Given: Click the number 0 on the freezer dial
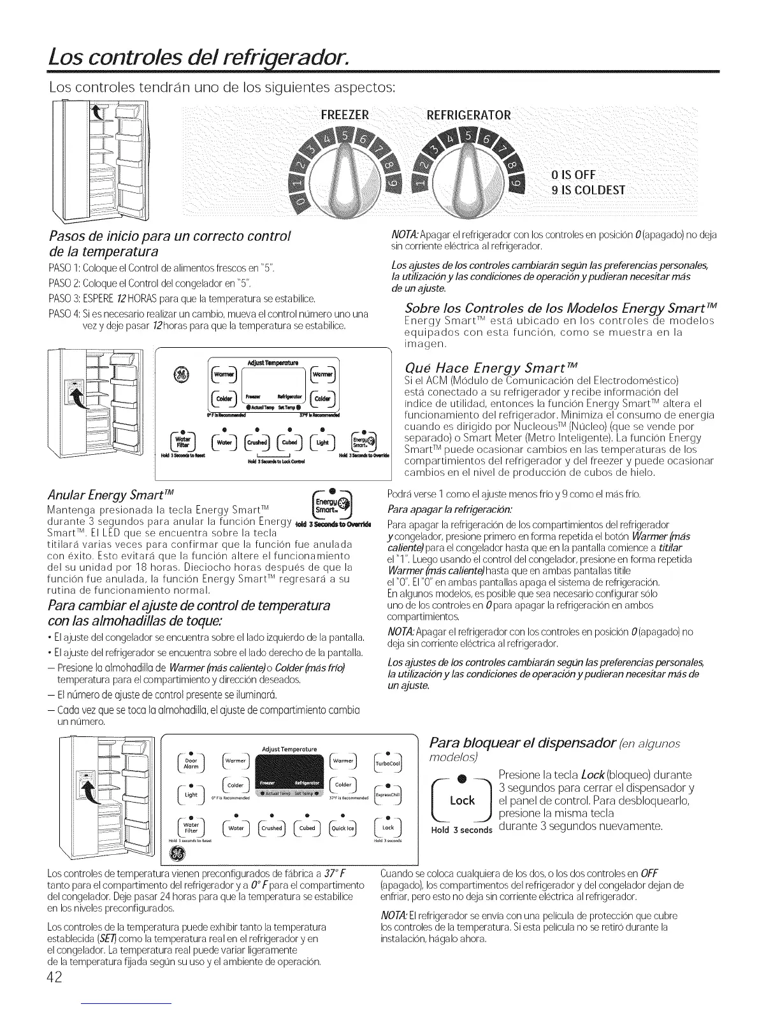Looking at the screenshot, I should pyautogui.click(x=300, y=205).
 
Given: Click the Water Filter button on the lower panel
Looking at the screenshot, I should pyautogui.click(x=191, y=828).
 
